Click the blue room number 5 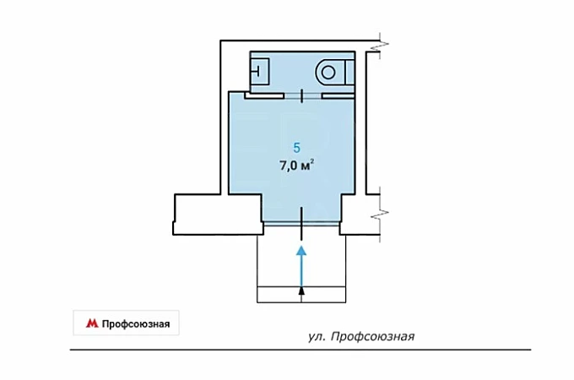coord(296,148)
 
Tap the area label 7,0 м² coord(297,166)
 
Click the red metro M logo coord(92,323)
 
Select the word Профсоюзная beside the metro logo coord(136,324)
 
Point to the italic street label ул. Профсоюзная coord(361,336)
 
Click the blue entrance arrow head coord(301,251)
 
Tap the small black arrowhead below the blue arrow coord(301,290)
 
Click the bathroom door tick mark coord(301,96)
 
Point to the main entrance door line coord(301,223)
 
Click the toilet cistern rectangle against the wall coord(350,73)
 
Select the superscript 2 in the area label coord(311,162)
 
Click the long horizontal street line coord(301,350)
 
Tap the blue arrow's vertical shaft coord(301,270)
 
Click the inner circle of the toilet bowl coord(328,72)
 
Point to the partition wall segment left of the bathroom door coord(264,96)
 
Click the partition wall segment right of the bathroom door coord(338,96)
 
